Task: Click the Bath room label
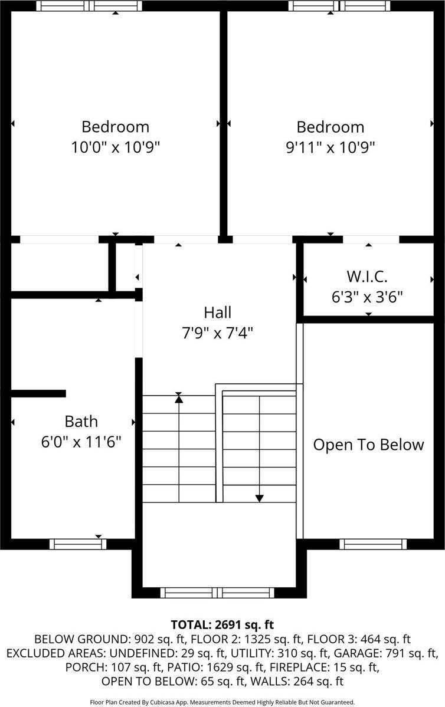pos(81,422)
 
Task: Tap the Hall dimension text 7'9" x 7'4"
pos(218,333)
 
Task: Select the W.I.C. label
pos(367,277)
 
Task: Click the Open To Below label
pos(368,444)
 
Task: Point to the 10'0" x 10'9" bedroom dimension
pos(116,147)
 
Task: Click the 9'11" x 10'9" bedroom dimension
pos(330,147)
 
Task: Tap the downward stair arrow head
pos(259,498)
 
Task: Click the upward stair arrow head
pos(178,399)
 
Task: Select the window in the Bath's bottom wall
pos(77,544)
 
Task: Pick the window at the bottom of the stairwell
pos(219,593)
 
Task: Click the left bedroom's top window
pos(89,6)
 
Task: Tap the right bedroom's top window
pos(339,6)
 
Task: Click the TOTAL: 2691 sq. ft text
pos(222,624)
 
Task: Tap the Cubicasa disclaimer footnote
pos(222,702)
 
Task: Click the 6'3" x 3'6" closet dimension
pos(367,297)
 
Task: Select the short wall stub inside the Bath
pos(38,393)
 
